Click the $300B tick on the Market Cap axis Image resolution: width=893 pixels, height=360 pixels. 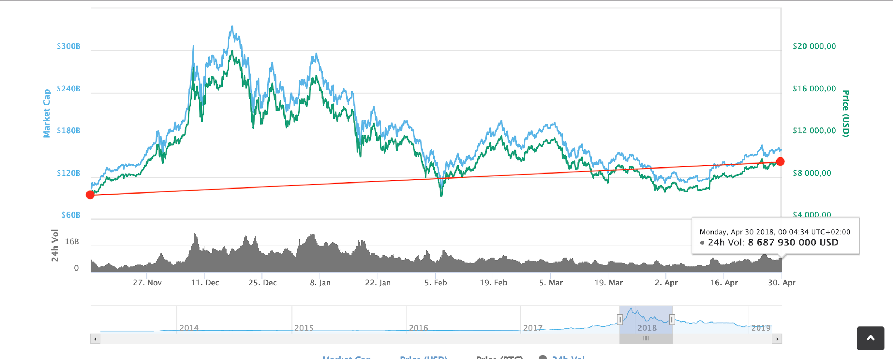pos(69,46)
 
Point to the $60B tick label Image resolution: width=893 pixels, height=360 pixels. pos(71,215)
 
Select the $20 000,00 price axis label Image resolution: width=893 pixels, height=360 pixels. pos(814,46)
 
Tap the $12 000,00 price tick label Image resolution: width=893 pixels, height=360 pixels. pos(814,131)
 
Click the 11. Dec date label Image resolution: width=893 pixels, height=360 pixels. pos(205,283)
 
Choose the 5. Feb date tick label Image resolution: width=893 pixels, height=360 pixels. pos(436,283)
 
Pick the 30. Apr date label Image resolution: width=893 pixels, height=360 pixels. pos(782,283)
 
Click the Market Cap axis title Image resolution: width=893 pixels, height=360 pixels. pos(47,114)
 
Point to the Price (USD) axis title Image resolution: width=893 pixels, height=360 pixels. pos(845,114)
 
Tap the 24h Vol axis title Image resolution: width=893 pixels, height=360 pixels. pos(55,245)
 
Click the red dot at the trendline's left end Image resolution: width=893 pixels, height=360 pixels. pos(90,195)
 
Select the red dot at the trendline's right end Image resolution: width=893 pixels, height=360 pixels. pos(780,162)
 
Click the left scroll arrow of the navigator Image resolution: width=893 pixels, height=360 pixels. pos(95,339)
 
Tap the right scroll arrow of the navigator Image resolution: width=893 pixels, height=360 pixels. pos(777,339)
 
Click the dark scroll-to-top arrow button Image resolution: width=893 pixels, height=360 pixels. pos(870,338)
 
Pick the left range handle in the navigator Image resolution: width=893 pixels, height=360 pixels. pos(620,319)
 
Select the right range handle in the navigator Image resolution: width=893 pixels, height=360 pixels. pos(672,319)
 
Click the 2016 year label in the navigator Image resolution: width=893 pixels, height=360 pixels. pos(418,328)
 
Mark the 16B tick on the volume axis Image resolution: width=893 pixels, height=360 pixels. pos(72,242)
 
